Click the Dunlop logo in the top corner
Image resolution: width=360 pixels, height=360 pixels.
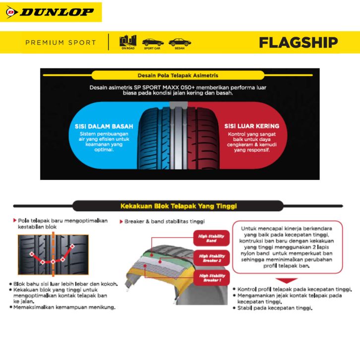(51, 12)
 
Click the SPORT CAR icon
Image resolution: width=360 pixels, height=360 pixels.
(153, 43)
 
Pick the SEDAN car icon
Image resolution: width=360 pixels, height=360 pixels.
(179, 43)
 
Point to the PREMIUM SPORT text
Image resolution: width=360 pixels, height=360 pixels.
(60, 43)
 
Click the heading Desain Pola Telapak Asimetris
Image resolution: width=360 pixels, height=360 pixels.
(180, 75)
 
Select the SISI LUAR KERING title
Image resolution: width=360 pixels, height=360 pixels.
(251, 126)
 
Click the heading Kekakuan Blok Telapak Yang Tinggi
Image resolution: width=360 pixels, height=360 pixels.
(179, 205)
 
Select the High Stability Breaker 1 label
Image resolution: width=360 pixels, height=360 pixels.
(211, 278)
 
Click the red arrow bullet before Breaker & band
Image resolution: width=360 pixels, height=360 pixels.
(121, 221)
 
